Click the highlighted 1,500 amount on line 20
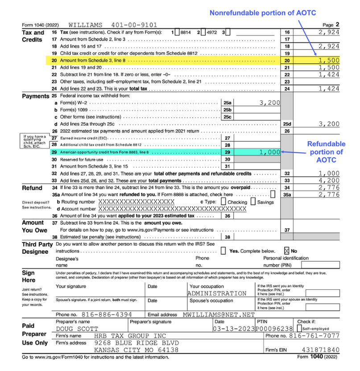coord(329,60)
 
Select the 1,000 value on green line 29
coord(269,152)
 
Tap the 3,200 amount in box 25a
coord(270,103)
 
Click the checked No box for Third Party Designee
coord(286,251)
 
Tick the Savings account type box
coord(253,202)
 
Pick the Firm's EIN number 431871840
coord(320,350)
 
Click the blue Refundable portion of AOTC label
coord(326,152)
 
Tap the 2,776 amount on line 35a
coord(329,194)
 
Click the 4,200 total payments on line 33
coord(329,181)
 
